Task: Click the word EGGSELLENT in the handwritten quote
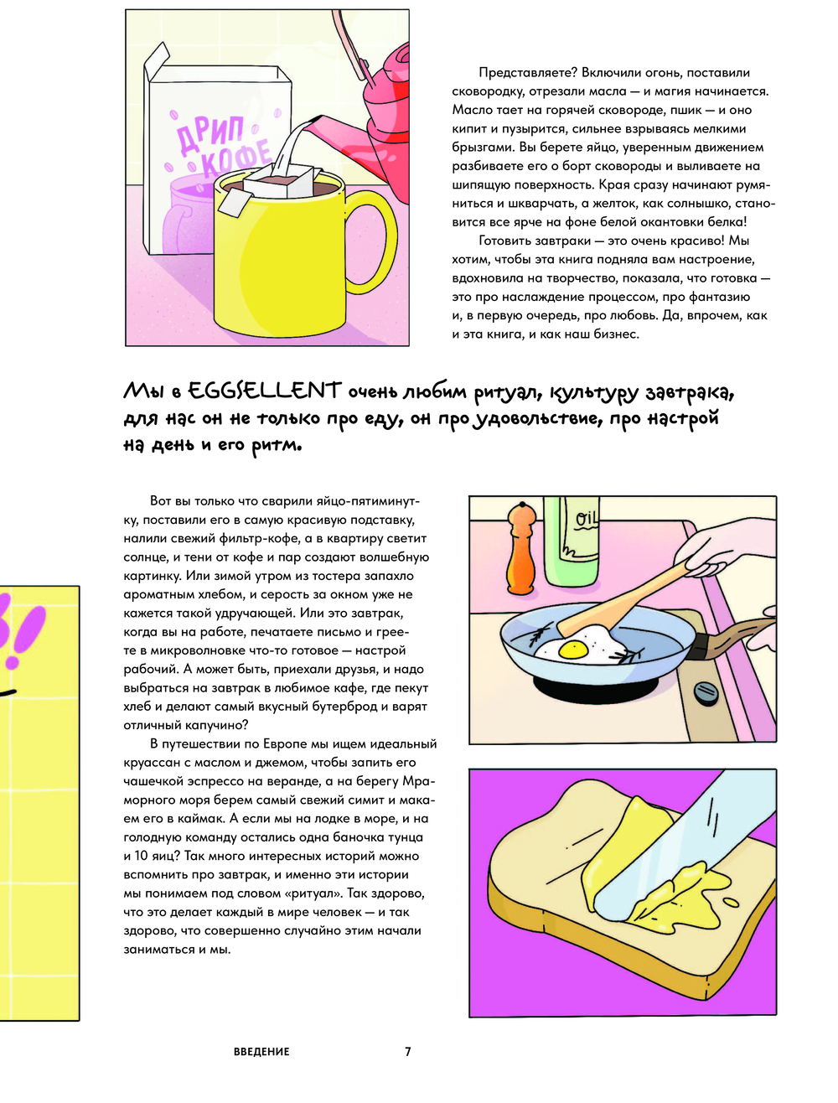click(x=265, y=391)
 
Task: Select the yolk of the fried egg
click(x=572, y=650)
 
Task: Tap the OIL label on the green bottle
click(x=584, y=518)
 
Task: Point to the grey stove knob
click(x=706, y=693)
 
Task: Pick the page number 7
click(x=407, y=1051)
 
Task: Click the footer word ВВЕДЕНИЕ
click(x=261, y=1051)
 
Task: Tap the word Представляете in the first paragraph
click(x=527, y=73)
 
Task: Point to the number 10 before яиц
click(x=141, y=855)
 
